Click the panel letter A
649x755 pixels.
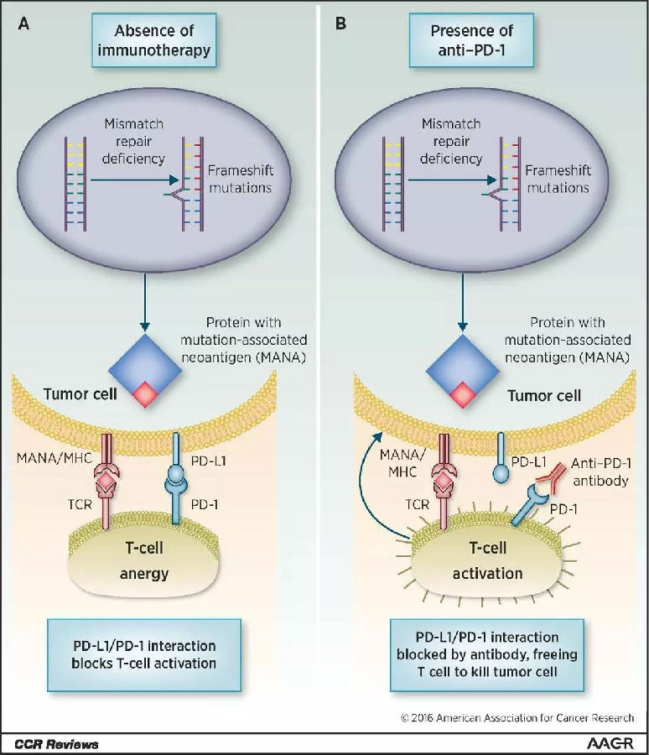tap(23, 23)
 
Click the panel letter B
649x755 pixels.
tap(340, 23)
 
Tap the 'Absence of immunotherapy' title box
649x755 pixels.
tap(153, 40)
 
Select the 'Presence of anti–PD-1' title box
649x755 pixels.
tap(471, 40)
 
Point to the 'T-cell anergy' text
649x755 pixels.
tap(144, 560)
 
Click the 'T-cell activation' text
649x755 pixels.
tap(488, 560)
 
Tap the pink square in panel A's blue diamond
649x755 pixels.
tap(145, 395)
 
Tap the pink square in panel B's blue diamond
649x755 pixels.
tap(463, 395)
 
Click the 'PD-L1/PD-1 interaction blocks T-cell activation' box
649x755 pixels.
tap(144, 655)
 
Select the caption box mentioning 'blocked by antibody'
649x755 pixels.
tap(487, 655)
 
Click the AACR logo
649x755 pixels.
tap(610, 743)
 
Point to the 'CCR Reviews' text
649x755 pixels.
tap(56, 744)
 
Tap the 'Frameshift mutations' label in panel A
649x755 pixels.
tap(241, 179)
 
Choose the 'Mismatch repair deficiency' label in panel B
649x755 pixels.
tap(451, 141)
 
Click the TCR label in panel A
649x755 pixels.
tap(80, 504)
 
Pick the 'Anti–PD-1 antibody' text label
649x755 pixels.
tap(601, 471)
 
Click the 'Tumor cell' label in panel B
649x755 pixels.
tap(544, 396)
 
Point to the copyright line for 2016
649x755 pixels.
tap(517, 718)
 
